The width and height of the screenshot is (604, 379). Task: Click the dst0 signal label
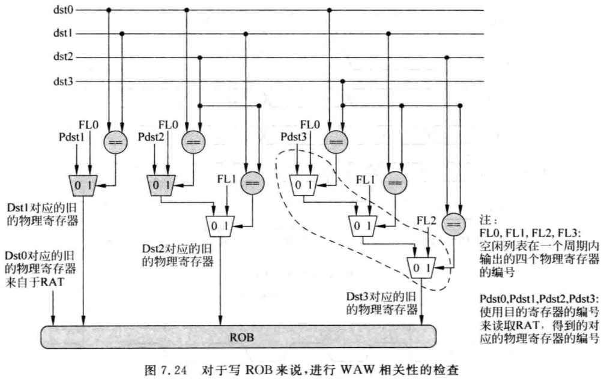[x=63, y=9]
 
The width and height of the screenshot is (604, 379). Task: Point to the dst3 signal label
[x=63, y=81]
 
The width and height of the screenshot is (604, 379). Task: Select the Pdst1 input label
[x=71, y=137]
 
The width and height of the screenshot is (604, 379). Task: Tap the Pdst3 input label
[x=294, y=137]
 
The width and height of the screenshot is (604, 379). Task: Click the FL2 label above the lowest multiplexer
[x=426, y=221]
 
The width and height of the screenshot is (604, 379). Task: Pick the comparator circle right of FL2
[x=453, y=225]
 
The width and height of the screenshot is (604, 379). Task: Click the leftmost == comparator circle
[x=115, y=142]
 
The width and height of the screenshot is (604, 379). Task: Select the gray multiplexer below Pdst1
[x=83, y=185]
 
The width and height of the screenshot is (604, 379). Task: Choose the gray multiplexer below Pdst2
[x=161, y=185]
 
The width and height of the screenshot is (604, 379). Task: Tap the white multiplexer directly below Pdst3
[x=304, y=185]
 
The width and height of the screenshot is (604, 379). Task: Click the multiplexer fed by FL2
[x=421, y=267]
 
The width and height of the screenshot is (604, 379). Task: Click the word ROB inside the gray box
[x=242, y=338]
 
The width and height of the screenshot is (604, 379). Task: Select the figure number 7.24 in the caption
[x=174, y=371]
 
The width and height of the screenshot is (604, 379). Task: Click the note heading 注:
[x=488, y=220]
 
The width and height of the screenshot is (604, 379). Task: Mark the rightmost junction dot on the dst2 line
[x=447, y=58]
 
